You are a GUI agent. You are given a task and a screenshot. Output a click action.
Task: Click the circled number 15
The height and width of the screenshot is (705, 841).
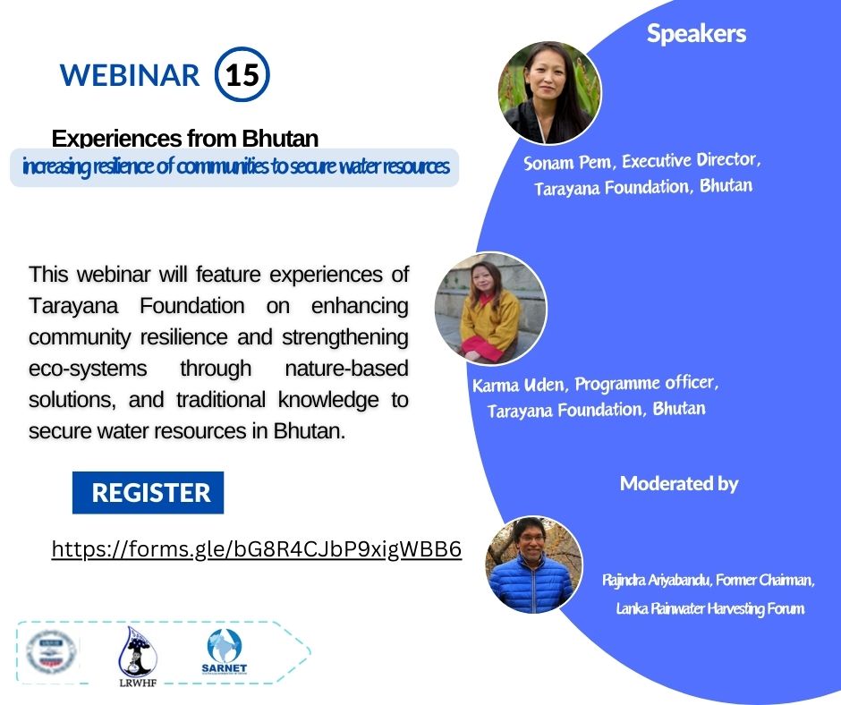click(x=242, y=75)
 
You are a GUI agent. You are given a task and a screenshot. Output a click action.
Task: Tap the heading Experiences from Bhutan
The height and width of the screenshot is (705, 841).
click(x=185, y=139)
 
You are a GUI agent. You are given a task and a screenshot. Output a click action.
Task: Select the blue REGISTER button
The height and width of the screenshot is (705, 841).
click(x=149, y=492)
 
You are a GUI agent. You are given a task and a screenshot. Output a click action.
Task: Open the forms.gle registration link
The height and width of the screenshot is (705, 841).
click(x=257, y=549)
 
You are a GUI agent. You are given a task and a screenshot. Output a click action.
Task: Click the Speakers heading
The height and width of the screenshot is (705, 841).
click(x=696, y=34)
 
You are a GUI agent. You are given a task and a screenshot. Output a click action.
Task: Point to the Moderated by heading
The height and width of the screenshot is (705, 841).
click(x=679, y=484)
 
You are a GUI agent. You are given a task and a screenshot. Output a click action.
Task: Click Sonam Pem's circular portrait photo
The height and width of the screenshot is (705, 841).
click(x=549, y=93)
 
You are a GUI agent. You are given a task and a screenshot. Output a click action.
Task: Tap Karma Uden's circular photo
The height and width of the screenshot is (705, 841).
click(x=490, y=308)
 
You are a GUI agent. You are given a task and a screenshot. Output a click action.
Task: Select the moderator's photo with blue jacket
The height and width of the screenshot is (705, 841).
click(x=534, y=565)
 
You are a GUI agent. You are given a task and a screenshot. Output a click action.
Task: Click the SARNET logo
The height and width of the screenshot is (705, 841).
click(x=225, y=651)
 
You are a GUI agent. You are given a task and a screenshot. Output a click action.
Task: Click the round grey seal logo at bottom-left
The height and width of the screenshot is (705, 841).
click(x=52, y=651)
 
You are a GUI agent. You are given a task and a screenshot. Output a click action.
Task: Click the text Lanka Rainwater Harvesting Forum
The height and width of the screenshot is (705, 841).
click(x=709, y=608)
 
